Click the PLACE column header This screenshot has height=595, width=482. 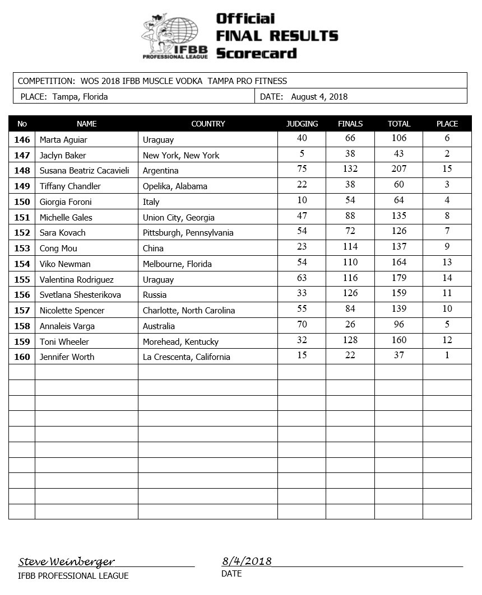pyautogui.click(x=447, y=124)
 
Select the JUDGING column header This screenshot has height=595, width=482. pyautogui.click(x=302, y=124)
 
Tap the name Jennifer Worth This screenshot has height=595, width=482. pyautogui.click(x=67, y=357)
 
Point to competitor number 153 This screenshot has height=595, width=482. pyautogui.click(x=22, y=248)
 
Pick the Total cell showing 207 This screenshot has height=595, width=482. pyautogui.click(x=398, y=169)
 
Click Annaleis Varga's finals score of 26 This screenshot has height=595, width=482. pyautogui.click(x=350, y=325)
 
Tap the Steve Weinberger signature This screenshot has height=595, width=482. pyautogui.click(x=67, y=561)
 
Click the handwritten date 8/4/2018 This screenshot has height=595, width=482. pyautogui.click(x=247, y=561)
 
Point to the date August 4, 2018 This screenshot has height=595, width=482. pyautogui.click(x=319, y=96)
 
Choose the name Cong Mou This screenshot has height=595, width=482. pyautogui.click(x=58, y=248)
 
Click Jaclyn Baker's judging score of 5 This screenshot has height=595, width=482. pyautogui.click(x=302, y=153)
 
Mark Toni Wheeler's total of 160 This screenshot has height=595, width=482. pyautogui.click(x=398, y=340)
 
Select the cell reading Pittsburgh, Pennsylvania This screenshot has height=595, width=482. pyautogui.click(x=188, y=232)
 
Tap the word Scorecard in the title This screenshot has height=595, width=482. pyautogui.click(x=256, y=54)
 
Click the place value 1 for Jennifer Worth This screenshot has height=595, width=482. pyautogui.click(x=447, y=355)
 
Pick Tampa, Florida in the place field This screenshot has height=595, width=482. pyautogui.click(x=80, y=96)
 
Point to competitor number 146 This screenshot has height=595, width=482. pyautogui.click(x=22, y=139)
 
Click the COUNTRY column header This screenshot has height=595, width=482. pyautogui.click(x=208, y=124)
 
